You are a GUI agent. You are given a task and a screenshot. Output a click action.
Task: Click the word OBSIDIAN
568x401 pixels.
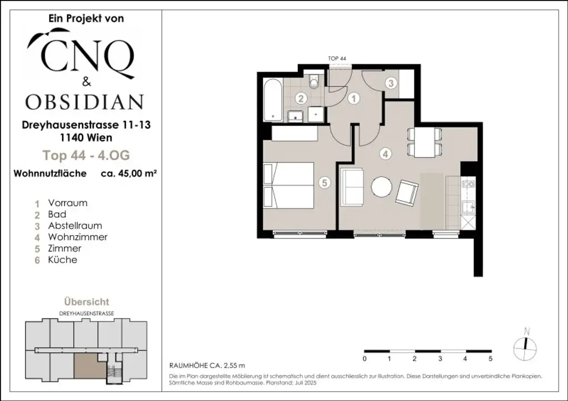tap(84, 102)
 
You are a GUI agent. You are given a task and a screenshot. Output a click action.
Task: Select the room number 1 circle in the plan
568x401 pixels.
tap(353, 99)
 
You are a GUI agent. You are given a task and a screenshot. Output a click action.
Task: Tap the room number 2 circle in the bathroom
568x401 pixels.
tap(301, 99)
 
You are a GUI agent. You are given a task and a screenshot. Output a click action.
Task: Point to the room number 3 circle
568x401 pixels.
tap(391, 84)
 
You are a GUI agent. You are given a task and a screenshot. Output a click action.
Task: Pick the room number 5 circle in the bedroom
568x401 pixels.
tap(325, 182)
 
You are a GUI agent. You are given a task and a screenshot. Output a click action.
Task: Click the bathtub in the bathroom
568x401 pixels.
tap(273, 100)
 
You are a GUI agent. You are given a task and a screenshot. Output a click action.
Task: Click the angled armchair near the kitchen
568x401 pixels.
tap(408, 192)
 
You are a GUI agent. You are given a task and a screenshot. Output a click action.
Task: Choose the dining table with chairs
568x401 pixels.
tap(425, 142)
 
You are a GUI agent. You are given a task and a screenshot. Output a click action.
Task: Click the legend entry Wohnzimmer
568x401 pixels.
tap(78, 237)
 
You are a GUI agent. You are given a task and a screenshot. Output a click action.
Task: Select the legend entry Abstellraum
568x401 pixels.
tap(75, 226)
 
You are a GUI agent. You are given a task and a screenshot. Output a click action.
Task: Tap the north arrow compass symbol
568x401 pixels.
tap(527, 346)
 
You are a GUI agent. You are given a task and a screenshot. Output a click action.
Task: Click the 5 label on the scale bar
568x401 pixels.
tap(491, 359)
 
